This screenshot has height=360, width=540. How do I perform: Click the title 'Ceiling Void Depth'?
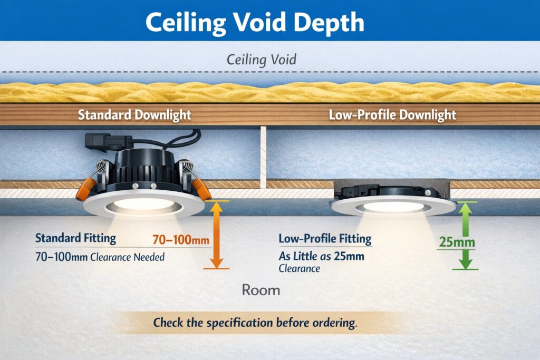(254, 22)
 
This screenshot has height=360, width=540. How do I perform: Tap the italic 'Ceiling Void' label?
(261, 59)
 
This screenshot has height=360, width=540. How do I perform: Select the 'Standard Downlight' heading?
(134, 114)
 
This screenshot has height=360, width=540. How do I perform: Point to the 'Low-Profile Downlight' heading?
(392, 114)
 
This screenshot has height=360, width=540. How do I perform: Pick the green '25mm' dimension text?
(457, 243)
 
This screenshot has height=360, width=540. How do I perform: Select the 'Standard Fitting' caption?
(75, 238)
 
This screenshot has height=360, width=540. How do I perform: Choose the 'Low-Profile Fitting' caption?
(325, 239)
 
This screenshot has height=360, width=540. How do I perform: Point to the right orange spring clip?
(200, 187)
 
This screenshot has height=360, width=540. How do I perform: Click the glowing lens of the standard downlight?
(144, 203)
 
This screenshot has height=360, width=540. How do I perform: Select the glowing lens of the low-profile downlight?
(393, 207)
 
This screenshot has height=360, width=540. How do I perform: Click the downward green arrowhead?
(465, 261)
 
